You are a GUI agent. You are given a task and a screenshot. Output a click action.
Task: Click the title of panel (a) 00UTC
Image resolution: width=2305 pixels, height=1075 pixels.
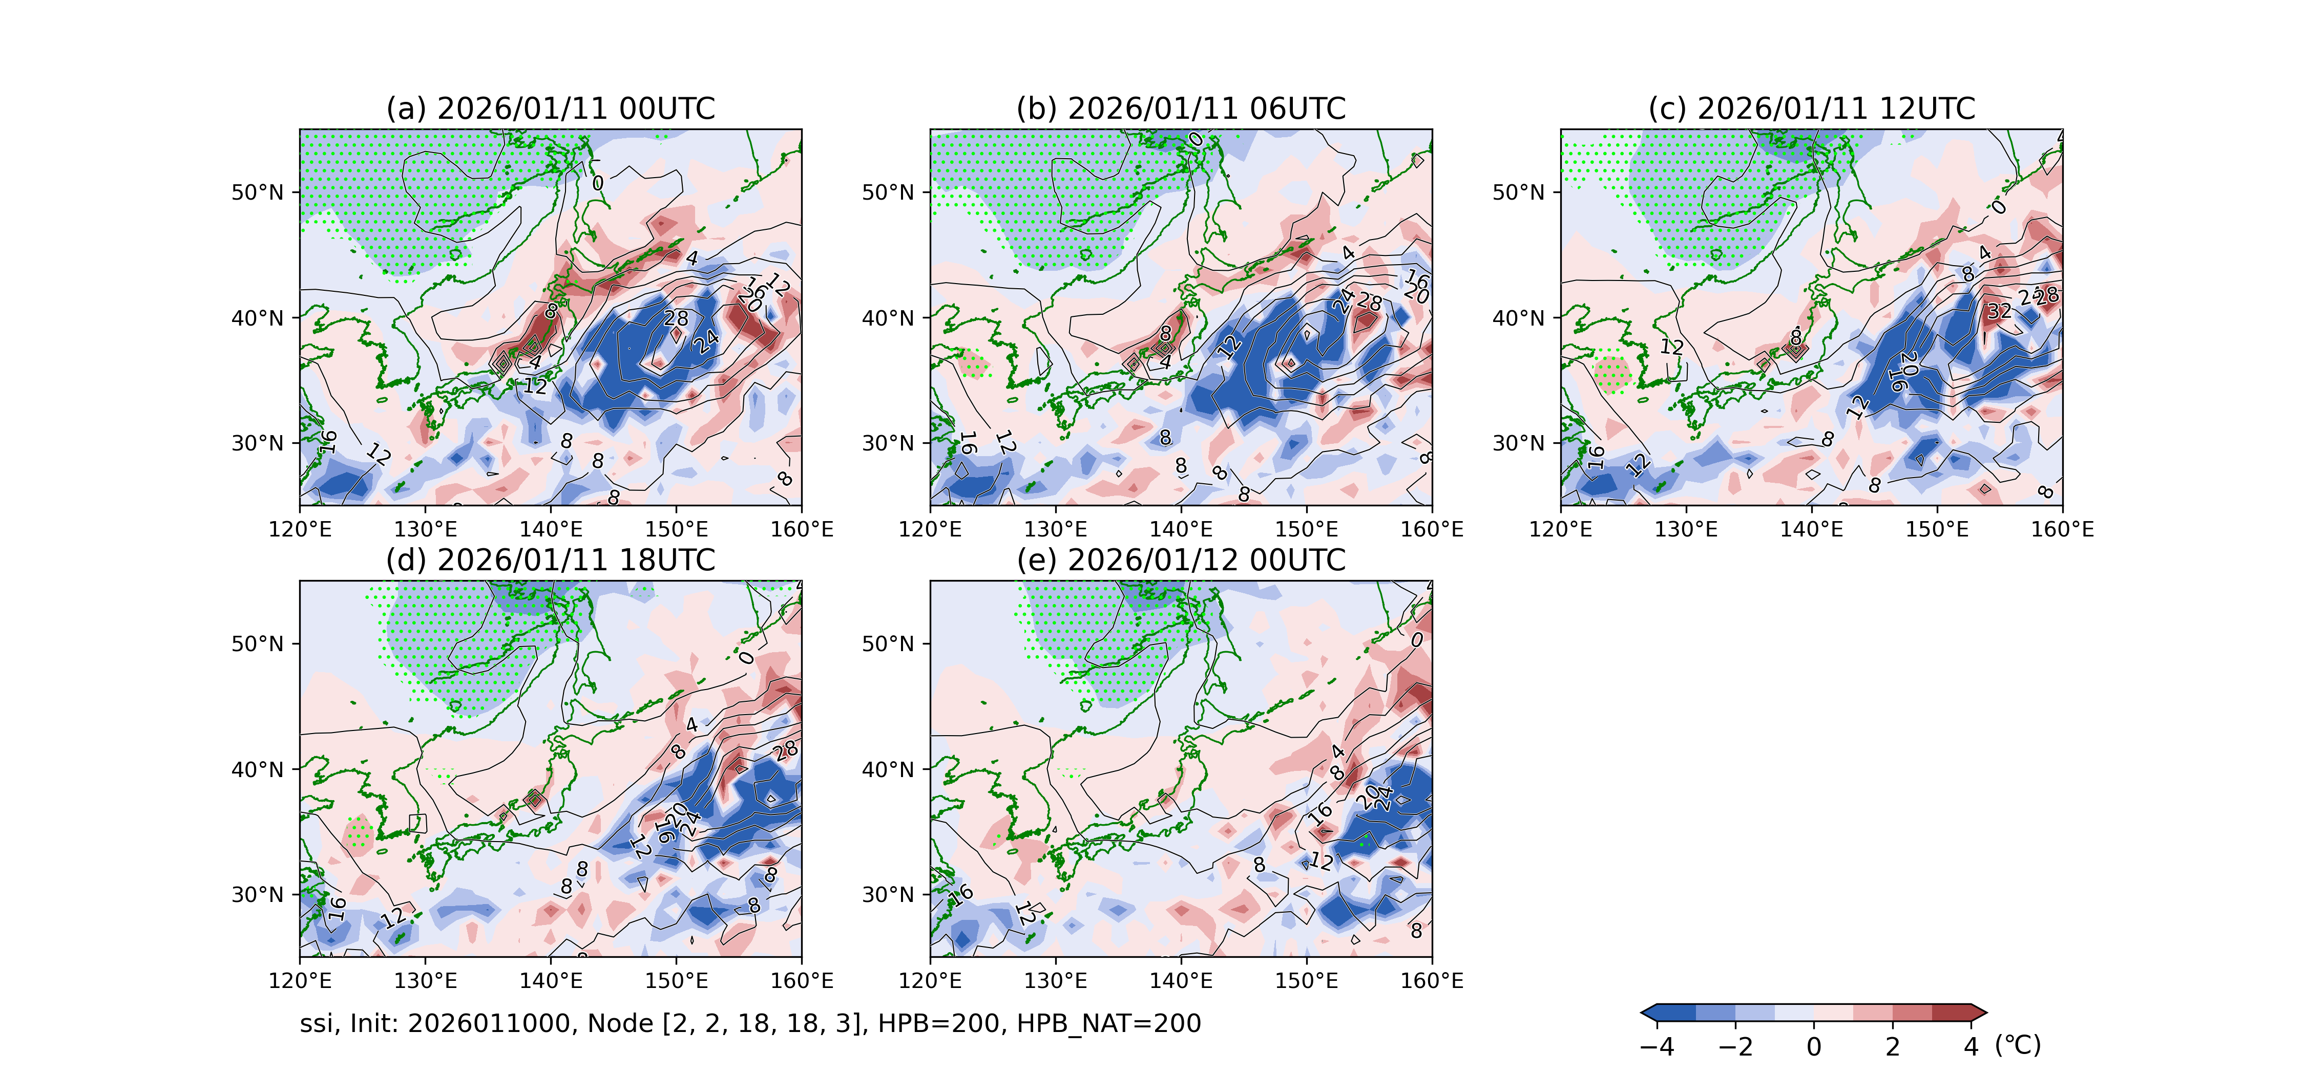(x=550, y=109)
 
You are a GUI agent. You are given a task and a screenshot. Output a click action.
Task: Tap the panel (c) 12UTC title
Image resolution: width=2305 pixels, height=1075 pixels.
(x=1811, y=109)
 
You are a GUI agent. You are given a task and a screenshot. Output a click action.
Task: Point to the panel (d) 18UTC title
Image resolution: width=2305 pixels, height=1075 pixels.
(x=550, y=561)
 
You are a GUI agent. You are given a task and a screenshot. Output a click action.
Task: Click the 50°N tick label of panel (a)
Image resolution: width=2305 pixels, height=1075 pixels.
(x=258, y=192)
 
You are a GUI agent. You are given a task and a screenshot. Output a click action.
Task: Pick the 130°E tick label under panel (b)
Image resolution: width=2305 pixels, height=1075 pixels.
(x=1056, y=529)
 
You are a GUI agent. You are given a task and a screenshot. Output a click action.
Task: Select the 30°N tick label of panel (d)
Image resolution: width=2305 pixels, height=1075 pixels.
(x=258, y=894)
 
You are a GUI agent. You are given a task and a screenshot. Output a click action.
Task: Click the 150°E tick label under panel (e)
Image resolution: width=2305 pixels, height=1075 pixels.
(x=1306, y=981)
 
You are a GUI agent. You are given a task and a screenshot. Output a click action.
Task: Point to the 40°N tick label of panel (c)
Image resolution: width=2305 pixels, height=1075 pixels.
(x=1518, y=317)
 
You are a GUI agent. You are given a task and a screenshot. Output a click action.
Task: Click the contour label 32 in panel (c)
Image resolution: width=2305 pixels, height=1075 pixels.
(x=1999, y=311)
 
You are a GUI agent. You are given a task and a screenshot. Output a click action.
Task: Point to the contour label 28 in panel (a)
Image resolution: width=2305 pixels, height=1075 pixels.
(x=676, y=318)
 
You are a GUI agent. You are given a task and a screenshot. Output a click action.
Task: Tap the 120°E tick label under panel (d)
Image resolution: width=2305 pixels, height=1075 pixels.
(x=300, y=981)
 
